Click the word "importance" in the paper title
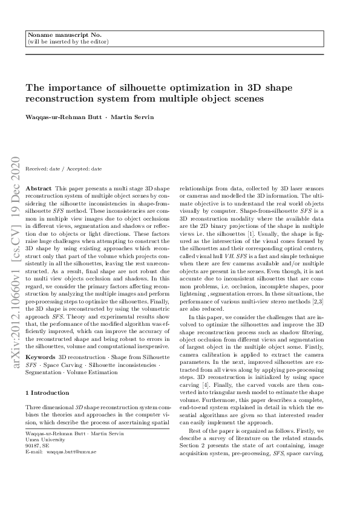pos(77,88)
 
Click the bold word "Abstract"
pos(39,189)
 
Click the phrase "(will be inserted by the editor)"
pos(68,42)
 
